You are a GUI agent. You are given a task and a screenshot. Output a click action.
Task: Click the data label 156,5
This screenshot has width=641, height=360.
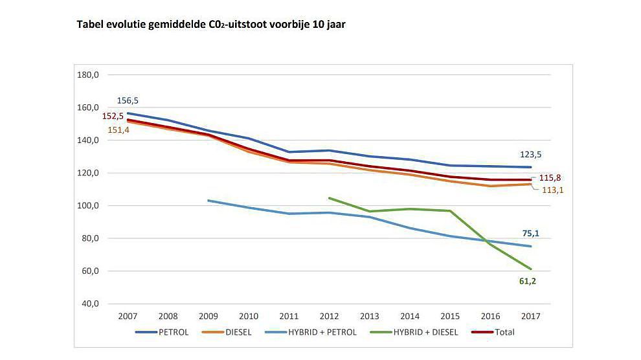pyautogui.click(x=128, y=101)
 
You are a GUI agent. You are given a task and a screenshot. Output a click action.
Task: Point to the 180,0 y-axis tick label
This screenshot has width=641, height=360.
pyautogui.click(x=87, y=75)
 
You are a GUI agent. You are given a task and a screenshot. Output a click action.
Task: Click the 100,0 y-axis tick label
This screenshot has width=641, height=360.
pyautogui.click(x=87, y=206)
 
